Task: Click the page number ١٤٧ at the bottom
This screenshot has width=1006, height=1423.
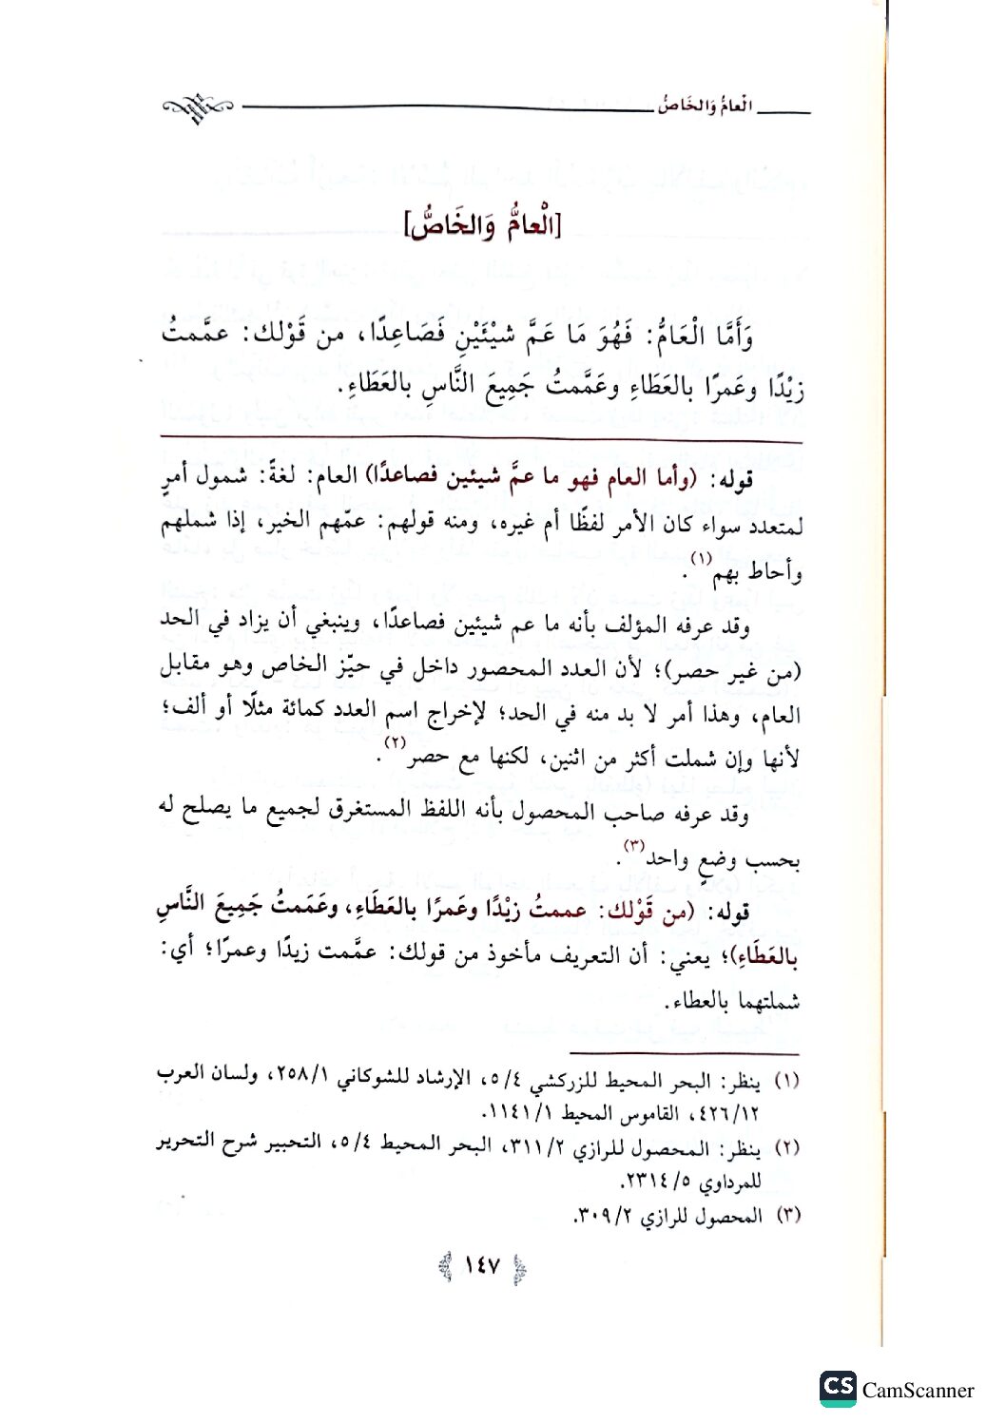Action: pos(481,1267)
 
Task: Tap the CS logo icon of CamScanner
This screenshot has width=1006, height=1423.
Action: pos(837,1388)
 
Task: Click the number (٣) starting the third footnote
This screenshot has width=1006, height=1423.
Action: pos(788,1216)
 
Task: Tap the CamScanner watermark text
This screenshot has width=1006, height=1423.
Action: pos(918,1391)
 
